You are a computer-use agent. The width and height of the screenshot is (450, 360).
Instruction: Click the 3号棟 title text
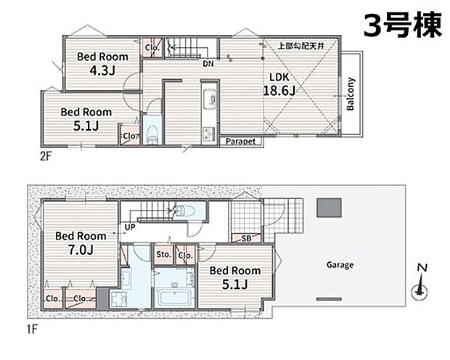coord(402,25)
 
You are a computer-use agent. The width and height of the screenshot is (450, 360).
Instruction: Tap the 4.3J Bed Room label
coord(102,63)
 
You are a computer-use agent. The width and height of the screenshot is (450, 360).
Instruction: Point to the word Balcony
coord(351,94)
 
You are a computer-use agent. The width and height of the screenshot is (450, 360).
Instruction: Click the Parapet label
coord(240,142)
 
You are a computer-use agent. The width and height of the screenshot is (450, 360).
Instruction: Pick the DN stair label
coord(208,64)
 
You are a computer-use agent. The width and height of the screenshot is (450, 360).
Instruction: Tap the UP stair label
coord(130,227)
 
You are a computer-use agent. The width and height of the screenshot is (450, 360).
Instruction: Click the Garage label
coord(340,265)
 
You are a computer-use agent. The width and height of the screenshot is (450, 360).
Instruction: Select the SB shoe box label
coord(246,238)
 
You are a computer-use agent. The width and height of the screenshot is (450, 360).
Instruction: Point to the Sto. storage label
coord(163,254)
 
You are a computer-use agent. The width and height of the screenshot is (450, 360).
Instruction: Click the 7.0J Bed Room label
coord(81,243)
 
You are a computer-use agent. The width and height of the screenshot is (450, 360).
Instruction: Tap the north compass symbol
coord(420,283)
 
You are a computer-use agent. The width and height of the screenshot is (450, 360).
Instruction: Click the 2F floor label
coord(46,157)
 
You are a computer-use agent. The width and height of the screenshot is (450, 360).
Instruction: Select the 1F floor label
coord(33,329)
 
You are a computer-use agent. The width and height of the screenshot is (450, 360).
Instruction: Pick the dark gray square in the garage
coord(330,208)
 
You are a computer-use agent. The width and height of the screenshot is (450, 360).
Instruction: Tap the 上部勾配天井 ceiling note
coord(301,46)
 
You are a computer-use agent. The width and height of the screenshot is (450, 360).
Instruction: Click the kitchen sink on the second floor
coord(209,98)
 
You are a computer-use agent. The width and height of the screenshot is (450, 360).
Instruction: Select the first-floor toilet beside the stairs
coord(185,210)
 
